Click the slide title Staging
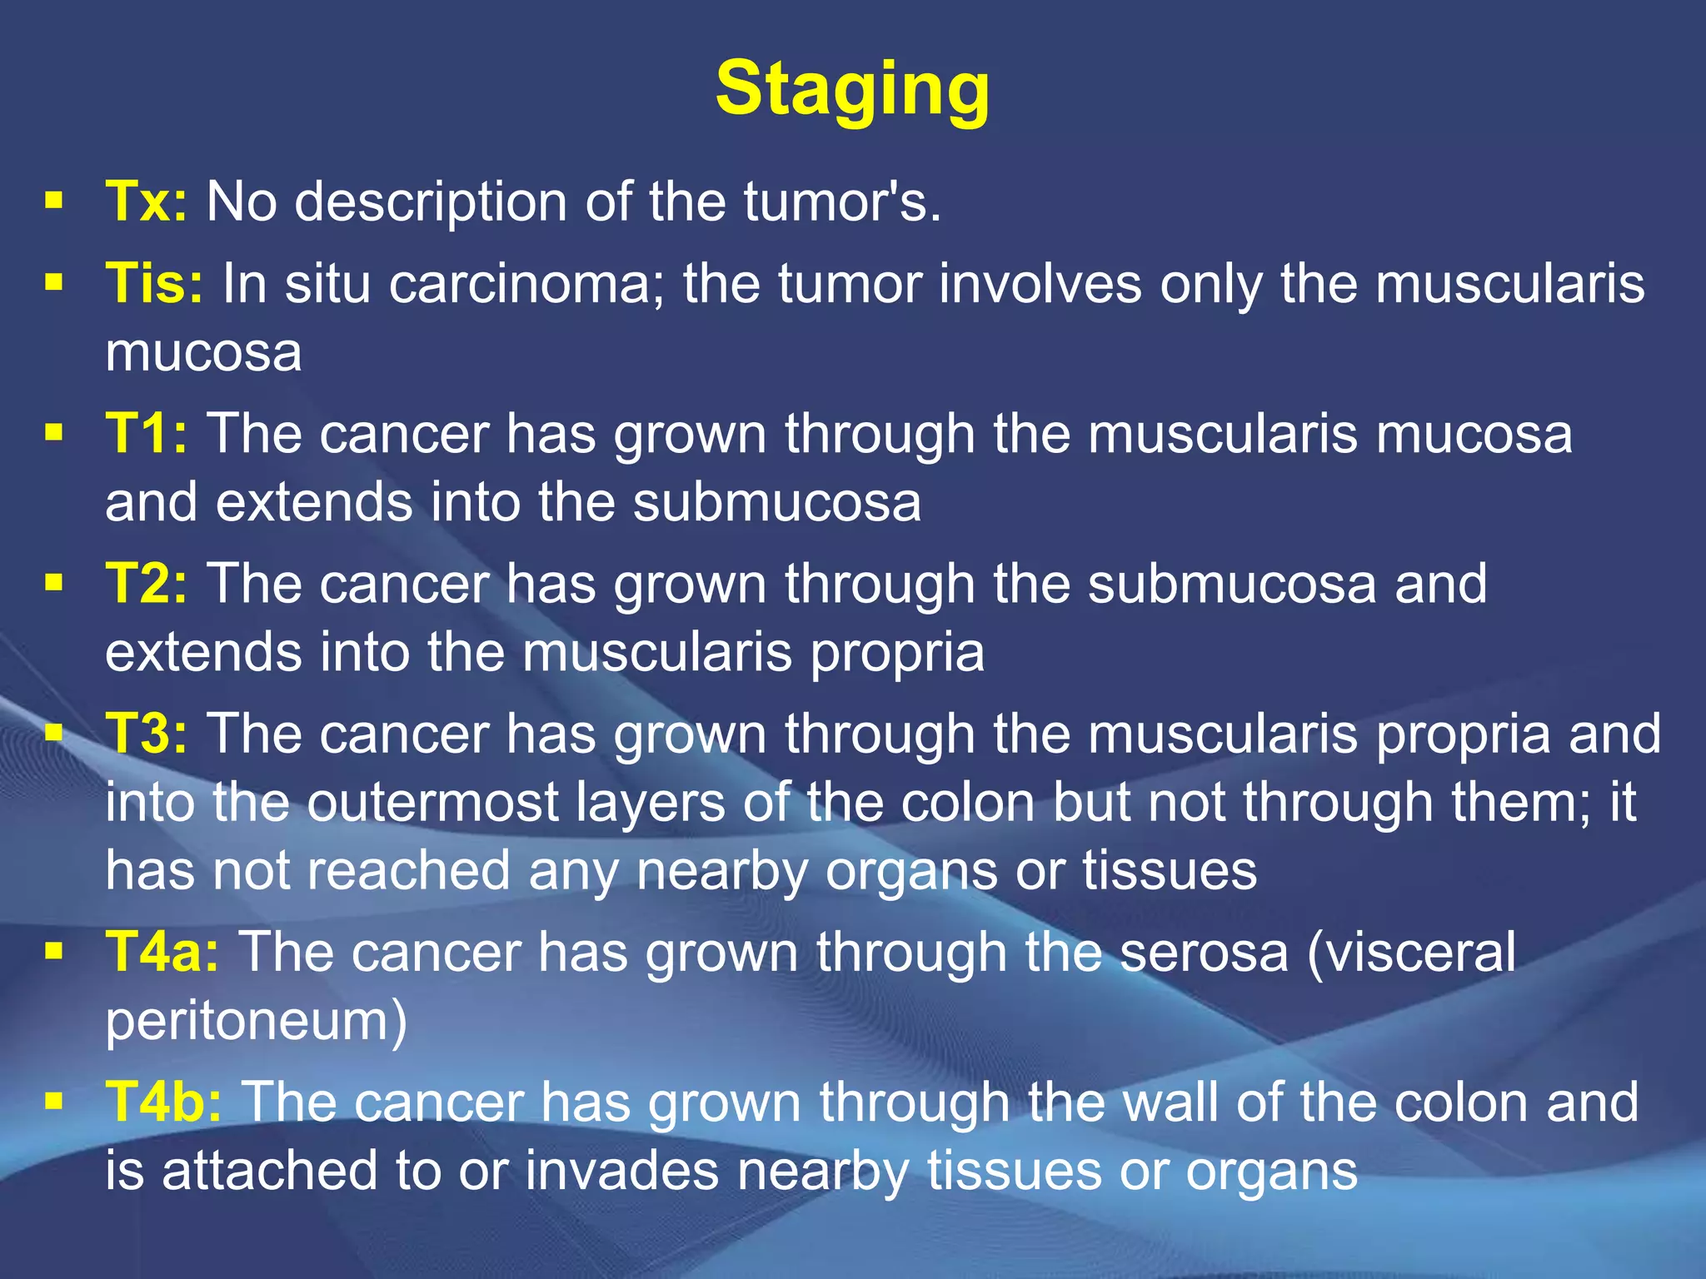(x=852, y=89)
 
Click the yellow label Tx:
(x=147, y=202)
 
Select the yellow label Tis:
(x=154, y=283)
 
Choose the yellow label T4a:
(x=162, y=952)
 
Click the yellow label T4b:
(x=164, y=1102)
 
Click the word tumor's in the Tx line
(x=842, y=202)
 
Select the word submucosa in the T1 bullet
(x=776, y=502)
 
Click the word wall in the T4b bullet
(x=1164, y=1102)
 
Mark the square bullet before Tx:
(x=54, y=201)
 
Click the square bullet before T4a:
(x=54, y=951)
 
